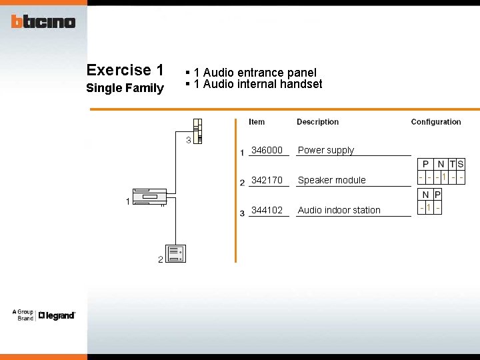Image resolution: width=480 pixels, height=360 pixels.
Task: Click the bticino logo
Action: [43, 21]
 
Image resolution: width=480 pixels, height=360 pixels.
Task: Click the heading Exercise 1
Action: [125, 70]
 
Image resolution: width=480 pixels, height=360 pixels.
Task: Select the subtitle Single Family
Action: [125, 88]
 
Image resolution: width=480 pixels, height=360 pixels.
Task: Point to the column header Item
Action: [257, 122]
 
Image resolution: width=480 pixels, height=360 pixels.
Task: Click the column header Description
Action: [317, 122]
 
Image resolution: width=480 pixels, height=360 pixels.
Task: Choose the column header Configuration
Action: [436, 122]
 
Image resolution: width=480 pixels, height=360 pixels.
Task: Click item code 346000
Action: [267, 150]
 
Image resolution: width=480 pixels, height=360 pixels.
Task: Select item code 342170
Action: [267, 180]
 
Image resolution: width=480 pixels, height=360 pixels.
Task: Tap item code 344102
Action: [267, 210]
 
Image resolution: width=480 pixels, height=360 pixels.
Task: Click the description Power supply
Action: [326, 150]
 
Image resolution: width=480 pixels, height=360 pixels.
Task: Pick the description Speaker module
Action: [332, 180]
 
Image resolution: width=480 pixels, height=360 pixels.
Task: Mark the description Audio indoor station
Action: [339, 210]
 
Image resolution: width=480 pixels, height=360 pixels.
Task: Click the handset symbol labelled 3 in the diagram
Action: [197, 131]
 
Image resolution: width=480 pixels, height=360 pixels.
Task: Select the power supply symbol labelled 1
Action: [149, 197]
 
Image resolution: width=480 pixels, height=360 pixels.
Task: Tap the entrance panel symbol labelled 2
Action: [175, 254]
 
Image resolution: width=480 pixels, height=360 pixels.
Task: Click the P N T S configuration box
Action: [441, 171]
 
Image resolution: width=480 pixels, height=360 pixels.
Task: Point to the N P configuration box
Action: [430, 201]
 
